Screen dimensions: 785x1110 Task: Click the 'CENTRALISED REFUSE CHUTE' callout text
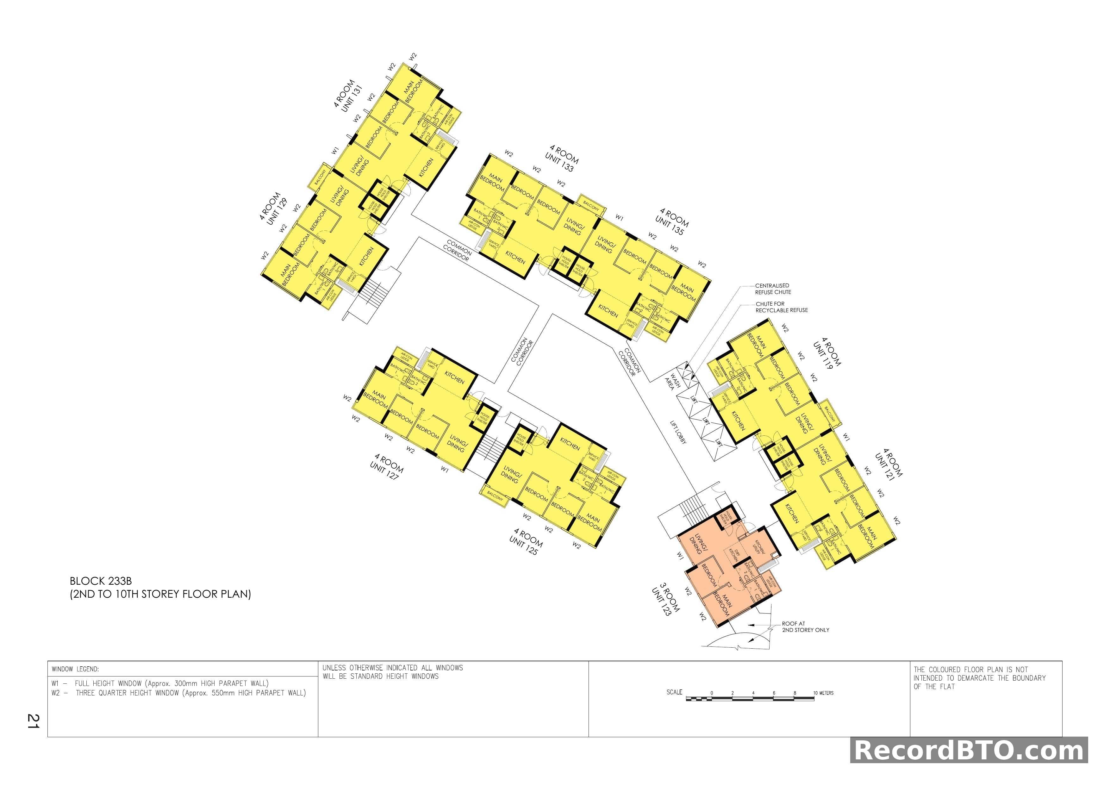click(x=773, y=289)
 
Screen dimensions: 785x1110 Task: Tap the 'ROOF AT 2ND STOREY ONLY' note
click(x=805, y=626)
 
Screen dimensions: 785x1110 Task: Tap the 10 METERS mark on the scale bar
click(x=823, y=693)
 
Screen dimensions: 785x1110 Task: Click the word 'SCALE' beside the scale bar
click(x=674, y=692)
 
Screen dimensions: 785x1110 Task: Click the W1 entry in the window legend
click(x=159, y=683)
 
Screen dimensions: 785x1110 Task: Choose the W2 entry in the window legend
click(x=178, y=693)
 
